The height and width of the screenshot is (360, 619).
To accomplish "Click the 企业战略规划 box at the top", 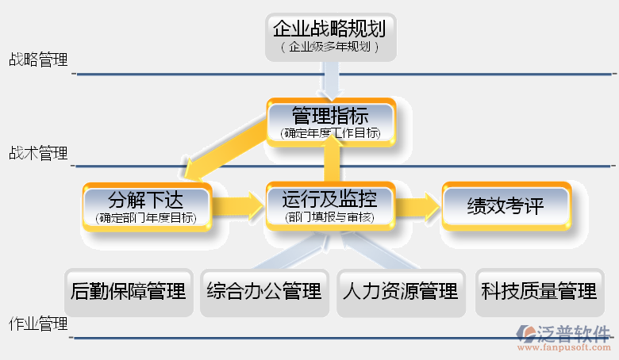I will coord(329,36).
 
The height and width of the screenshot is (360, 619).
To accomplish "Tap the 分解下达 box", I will coord(148,205).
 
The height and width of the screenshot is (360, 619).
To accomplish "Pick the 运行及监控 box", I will coord(329,205).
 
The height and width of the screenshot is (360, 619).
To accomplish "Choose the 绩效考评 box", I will coord(506,206).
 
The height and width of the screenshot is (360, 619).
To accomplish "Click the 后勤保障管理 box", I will coord(129,292).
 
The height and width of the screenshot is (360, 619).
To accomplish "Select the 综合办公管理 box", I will coord(264,292).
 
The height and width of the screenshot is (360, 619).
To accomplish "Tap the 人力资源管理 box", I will coord(401,292).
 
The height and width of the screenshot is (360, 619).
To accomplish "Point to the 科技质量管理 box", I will coord(538,292).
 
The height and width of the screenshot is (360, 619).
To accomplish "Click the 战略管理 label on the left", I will coord(38,59).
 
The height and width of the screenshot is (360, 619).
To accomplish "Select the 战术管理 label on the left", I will coord(38,153).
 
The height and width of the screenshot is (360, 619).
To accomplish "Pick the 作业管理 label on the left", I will coord(38,324).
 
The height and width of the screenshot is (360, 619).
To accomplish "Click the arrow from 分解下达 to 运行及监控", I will coord(240,206).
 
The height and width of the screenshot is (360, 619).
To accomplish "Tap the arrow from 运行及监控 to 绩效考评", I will coord(417,206).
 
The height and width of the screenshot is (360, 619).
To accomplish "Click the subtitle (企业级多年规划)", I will coord(329,48).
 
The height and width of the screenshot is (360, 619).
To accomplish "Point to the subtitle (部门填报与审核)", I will coord(329,216).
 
